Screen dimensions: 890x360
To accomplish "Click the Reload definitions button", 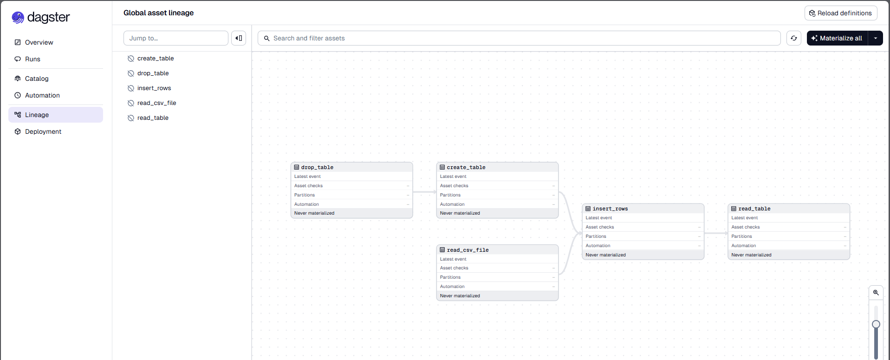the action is pyautogui.click(x=840, y=13).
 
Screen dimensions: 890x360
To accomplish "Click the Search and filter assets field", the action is pyautogui.click(x=519, y=38).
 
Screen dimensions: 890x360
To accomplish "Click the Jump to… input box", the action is pyautogui.click(x=175, y=38).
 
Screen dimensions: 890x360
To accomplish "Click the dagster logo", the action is pyautogui.click(x=41, y=17).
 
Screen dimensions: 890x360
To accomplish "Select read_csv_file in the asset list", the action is pyautogui.click(x=156, y=103).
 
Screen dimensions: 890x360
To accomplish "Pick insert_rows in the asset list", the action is pyautogui.click(x=154, y=88).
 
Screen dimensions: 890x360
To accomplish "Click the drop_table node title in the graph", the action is pyautogui.click(x=317, y=167).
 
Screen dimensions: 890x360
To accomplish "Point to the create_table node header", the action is pyautogui.click(x=497, y=167).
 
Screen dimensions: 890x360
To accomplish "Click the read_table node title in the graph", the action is pyautogui.click(x=754, y=209).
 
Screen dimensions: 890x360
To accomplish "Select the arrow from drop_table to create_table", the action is pyautogui.click(x=425, y=192).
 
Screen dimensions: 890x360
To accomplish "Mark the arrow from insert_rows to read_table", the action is pyautogui.click(x=716, y=233).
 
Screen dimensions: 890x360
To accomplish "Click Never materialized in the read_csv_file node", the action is pyautogui.click(x=460, y=296).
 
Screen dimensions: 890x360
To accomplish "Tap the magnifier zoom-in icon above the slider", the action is pyautogui.click(x=876, y=293).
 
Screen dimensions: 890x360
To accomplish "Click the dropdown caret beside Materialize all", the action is pyautogui.click(x=876, y=38).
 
